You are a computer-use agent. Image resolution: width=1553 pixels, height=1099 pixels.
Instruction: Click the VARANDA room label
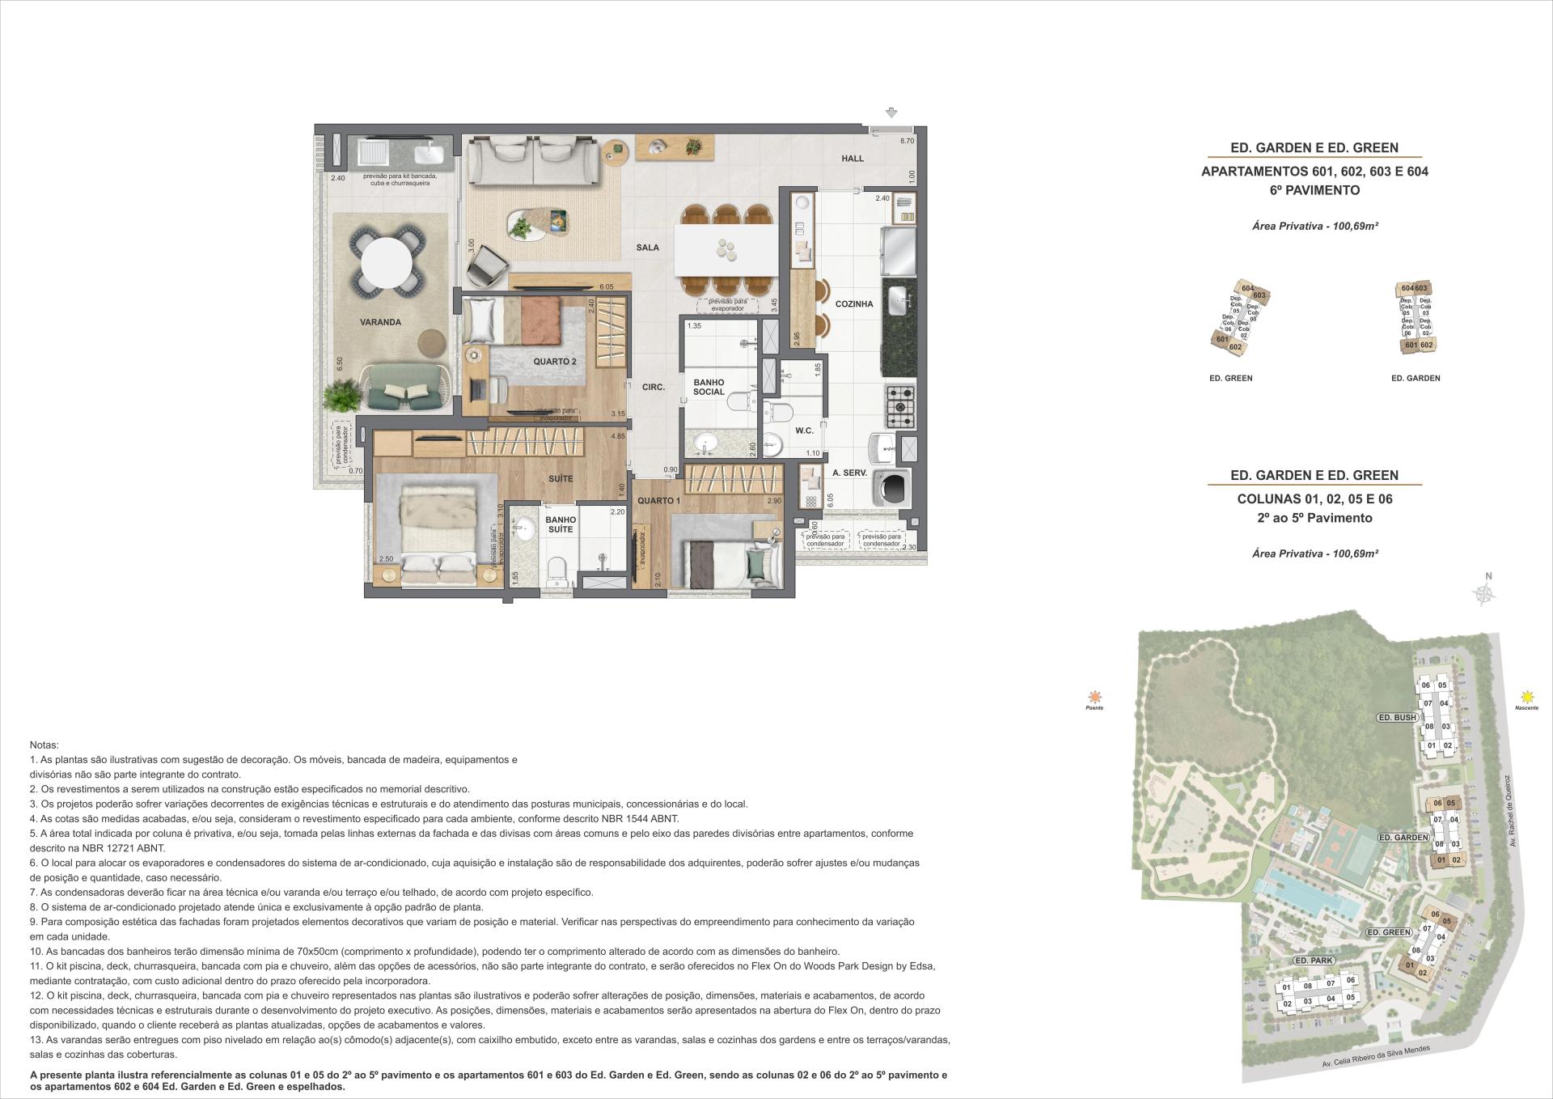click(x=380, y=322)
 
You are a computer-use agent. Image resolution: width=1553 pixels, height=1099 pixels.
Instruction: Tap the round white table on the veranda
click(x=387, y=262)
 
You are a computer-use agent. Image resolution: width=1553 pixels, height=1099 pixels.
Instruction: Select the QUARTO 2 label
click(x=554, y=362)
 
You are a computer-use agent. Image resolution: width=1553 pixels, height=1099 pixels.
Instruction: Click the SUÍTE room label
click(x=561, y=479)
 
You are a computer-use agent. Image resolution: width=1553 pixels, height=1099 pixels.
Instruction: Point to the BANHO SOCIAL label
click(x=709, y=388)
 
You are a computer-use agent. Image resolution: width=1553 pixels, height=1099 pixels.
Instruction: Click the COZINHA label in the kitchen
click(x=854, y=304)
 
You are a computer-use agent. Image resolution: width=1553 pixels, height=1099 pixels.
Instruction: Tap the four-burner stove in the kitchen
click(x=900, y=405)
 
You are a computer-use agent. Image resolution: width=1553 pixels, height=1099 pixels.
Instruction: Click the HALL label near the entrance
click(x=853, y=159)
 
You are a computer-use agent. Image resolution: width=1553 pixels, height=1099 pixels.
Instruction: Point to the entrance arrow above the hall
click(x=892, y=112)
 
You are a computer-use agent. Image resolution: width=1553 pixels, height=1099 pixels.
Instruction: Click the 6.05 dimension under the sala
click(x=607, y=286)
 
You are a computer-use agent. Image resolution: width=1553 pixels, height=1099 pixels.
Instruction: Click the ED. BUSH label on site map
click(x=1397, y=718)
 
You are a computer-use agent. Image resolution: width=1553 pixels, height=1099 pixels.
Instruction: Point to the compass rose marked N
click(x=1483, y=594)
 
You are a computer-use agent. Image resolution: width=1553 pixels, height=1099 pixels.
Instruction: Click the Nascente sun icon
click(x=1527, y=697)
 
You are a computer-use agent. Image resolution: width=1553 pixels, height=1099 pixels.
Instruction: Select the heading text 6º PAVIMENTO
click(x=1314, y=191)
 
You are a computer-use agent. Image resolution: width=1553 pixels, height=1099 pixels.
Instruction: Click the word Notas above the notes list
click(x=44, y=745)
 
